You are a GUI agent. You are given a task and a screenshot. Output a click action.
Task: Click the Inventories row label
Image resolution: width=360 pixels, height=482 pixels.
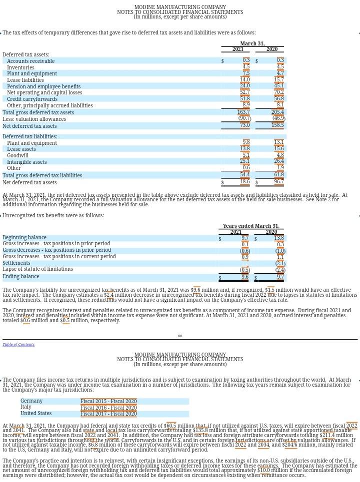pos(20,67)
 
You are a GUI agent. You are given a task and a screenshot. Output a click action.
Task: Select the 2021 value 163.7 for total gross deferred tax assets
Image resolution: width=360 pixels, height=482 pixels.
pos(243,112)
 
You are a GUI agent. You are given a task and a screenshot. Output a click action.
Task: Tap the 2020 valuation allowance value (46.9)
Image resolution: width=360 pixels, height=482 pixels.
pos(278,119)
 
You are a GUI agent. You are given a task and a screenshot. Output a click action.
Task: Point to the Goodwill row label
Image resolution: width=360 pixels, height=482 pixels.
pos(17,155)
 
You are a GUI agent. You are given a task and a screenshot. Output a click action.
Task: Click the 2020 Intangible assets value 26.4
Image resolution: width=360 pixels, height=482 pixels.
pos(278,161)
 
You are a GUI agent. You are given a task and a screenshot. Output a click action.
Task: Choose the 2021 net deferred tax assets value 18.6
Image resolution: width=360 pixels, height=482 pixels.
pos(244,182)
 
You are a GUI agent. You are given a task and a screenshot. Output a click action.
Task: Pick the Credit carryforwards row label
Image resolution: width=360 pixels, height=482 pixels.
pos(32,99)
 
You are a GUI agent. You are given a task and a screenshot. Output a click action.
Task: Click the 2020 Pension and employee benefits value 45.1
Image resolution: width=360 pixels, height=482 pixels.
pos(278,86)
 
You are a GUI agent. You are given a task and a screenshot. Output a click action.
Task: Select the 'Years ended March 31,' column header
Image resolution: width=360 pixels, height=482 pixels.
pos(251,226)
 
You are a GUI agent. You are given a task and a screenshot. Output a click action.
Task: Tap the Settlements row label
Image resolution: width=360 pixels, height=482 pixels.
pos(16,263)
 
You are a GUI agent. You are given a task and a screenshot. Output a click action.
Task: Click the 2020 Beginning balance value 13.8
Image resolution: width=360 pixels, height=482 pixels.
pos(278,238)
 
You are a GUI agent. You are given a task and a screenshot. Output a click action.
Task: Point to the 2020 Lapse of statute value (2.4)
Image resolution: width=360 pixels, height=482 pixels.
pos(279,270)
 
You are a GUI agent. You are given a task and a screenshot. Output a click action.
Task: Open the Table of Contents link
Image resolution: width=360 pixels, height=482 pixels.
pos(18,344)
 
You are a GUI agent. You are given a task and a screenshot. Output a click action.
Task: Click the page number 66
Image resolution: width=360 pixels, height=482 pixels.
pos(180,336)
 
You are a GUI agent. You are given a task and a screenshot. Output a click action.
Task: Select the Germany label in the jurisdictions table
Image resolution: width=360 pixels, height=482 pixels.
pos(31,401)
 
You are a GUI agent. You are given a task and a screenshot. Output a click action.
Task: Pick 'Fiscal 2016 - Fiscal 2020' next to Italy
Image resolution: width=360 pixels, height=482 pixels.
pos(108,408)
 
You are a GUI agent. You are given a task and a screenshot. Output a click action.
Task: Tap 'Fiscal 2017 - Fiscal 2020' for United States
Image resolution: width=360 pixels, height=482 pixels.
pos(108,414)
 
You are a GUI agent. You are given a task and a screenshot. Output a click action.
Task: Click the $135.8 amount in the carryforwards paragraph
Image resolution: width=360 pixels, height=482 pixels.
pos(200,430)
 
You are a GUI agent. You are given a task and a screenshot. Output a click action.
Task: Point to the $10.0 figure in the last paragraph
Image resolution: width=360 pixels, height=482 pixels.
pos(263,470)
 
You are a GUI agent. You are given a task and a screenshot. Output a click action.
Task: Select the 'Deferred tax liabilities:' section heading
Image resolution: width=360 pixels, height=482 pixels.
pos(30,136)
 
